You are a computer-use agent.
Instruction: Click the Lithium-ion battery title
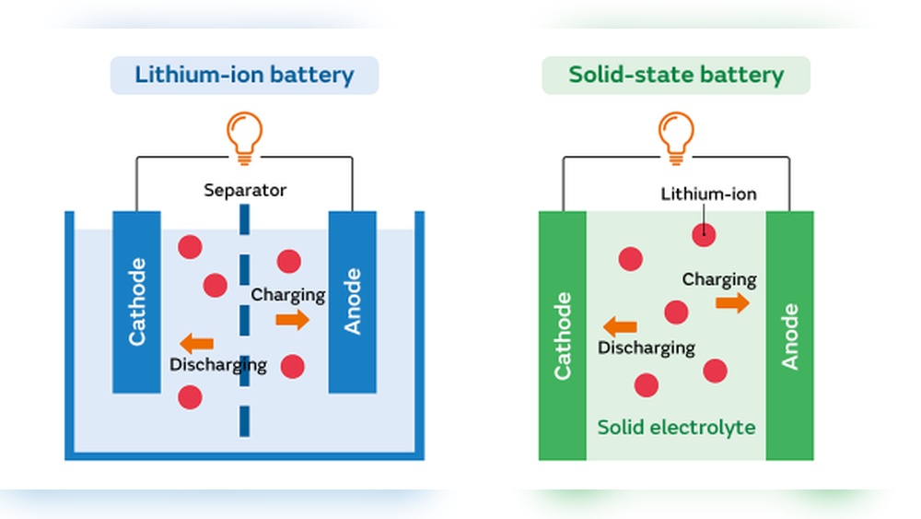[244, 75]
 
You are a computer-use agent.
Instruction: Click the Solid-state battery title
[675, 75]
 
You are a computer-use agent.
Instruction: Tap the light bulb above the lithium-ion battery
[244, 136]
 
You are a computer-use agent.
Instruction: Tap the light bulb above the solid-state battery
[676, 136]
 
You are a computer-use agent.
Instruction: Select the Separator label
[245, 191]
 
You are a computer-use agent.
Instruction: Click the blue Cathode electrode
[136, 301]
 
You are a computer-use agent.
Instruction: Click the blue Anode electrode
[353, 301]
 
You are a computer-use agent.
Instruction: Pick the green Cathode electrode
[562, 336]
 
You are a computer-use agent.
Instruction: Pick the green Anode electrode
[789, 336]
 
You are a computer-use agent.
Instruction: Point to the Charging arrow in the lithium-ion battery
[293, 320]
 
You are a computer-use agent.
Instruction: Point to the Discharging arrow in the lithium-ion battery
[196, 344]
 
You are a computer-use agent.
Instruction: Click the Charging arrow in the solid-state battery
[733, 303]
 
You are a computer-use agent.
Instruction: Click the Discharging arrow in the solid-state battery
[620, 326]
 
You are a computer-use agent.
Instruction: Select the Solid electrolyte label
[676, 428]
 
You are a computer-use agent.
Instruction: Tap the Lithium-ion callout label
[708, 194]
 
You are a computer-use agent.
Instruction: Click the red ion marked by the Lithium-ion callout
[704, 234]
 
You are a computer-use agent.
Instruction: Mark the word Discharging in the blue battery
[217, 365]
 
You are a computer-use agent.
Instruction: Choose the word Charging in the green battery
[719, 279]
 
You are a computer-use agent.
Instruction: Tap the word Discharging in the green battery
[646, 348]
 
